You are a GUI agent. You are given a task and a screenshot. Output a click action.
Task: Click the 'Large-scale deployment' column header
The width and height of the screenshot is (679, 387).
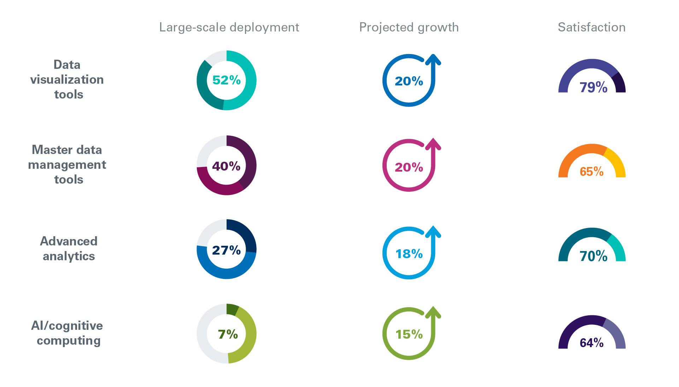tap(229, 28)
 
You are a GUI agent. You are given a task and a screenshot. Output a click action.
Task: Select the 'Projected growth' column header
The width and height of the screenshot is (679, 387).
tap(409, 28)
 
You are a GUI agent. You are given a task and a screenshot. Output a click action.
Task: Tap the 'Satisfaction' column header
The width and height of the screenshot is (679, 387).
tap(592, 28)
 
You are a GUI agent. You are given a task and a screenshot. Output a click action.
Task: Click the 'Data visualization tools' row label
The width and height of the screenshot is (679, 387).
tap(67, 79)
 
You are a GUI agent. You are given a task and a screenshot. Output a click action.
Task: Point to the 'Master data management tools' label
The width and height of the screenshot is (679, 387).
tap(67, 165)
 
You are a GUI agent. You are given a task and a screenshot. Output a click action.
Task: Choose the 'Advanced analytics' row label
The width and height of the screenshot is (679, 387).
tap(69, 249)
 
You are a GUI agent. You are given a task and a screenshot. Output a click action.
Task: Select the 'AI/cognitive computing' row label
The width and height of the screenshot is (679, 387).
tap(67, 333)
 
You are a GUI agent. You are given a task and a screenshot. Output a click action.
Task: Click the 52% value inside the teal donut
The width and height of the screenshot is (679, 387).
tap(227, 80)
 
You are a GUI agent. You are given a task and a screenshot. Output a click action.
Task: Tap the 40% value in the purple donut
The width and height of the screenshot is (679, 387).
tap(226, 166)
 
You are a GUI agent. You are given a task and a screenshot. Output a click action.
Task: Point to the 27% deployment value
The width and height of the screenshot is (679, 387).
tap(226, 250)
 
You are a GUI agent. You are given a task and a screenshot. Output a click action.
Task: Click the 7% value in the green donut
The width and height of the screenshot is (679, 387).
tap(228, 334)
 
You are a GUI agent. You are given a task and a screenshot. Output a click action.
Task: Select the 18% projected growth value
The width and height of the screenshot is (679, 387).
tap(409, 254)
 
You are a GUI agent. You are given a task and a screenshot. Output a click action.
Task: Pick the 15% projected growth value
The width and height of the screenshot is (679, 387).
tap(409, 334)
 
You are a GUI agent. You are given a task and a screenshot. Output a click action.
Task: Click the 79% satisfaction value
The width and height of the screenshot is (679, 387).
tap(593, 87)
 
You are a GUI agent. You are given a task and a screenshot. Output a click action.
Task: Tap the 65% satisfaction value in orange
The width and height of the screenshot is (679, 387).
tap(592, 172)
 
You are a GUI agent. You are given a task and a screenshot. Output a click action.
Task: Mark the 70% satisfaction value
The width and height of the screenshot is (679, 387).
tap(593, 256)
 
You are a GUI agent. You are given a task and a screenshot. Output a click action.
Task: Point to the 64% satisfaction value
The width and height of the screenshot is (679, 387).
tap(592, 343)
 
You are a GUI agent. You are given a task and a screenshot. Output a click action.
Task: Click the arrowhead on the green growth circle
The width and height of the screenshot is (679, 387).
tap(433, 312)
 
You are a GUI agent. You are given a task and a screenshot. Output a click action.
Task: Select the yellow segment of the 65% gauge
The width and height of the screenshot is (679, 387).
tap(616, 162)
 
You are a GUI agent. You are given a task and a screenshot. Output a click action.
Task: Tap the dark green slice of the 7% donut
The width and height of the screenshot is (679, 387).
tap(232, 309)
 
